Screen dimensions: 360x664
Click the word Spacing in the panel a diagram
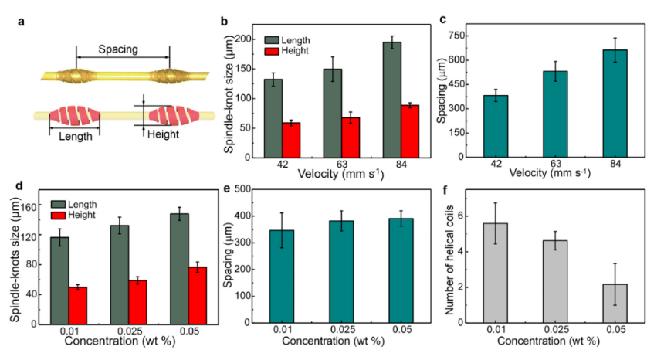point(118,49)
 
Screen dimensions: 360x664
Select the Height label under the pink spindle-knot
point(163,135)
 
